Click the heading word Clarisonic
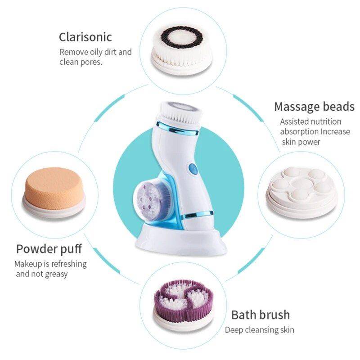pyautogui.click(x=85, y=36)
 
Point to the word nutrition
pyautogui.click(x=325, y=121)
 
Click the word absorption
pyautogui.click(x=299, y=132)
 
